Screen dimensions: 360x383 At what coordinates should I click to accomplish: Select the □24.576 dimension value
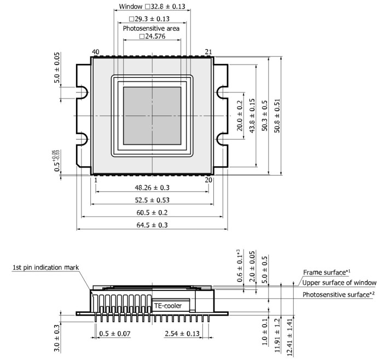pyautogui.click(x=152, y=37)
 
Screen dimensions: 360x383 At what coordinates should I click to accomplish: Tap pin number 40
pyautogui.click(x=95, y=52)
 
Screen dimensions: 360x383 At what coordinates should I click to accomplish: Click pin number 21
pyautogui.click(x=208, y=52)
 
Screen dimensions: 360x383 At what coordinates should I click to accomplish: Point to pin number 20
pyautogui.click(x=208, y=179)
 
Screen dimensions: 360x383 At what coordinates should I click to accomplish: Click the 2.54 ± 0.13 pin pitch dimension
pyautogui.click(x=182, y=333)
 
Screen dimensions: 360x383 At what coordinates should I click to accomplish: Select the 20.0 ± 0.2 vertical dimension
pyautogui.click(x=239, y=116)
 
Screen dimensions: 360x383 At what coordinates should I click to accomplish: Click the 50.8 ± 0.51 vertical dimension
pyautogui.click(x=277, y=116)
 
